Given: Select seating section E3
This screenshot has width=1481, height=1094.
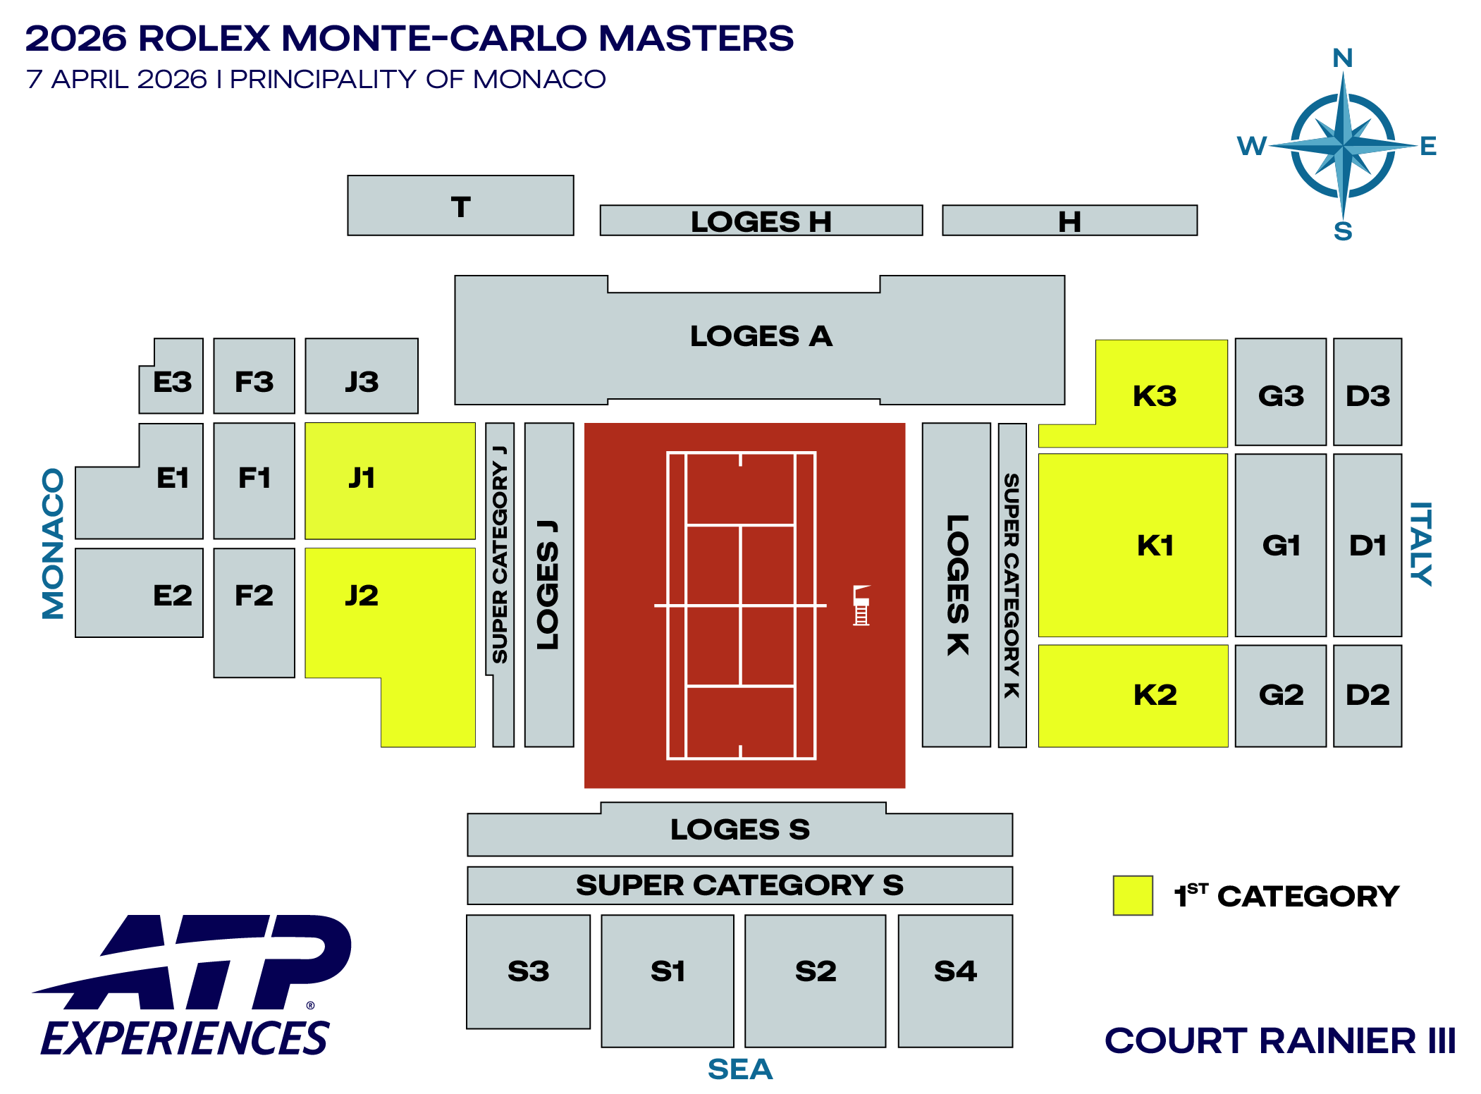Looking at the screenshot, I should (173, 381).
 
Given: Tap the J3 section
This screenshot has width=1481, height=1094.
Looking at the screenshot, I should (362, 381).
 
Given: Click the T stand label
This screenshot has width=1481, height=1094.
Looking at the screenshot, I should (460, 207).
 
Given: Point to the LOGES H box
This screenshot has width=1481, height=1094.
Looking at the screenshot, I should (761, 221).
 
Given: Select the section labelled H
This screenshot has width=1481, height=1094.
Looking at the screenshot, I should (1069, 221).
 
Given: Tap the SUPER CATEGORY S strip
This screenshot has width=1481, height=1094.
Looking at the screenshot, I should (739, 885).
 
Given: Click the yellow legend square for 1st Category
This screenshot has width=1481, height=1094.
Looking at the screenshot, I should (1132, 895).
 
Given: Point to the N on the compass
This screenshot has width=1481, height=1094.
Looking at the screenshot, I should (1343, 58).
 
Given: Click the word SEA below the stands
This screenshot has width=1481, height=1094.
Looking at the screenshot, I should (740, 1069).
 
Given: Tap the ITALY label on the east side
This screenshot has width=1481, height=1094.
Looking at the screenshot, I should (1421, 543).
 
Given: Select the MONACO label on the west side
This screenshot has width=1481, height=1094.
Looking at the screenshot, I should (53, 543).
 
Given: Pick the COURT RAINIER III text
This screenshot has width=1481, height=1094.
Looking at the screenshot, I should (1280, 1040).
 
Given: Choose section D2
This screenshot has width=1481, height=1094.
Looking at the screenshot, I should (1368, 695).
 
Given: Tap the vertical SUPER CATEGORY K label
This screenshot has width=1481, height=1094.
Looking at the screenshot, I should (1012, 585).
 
